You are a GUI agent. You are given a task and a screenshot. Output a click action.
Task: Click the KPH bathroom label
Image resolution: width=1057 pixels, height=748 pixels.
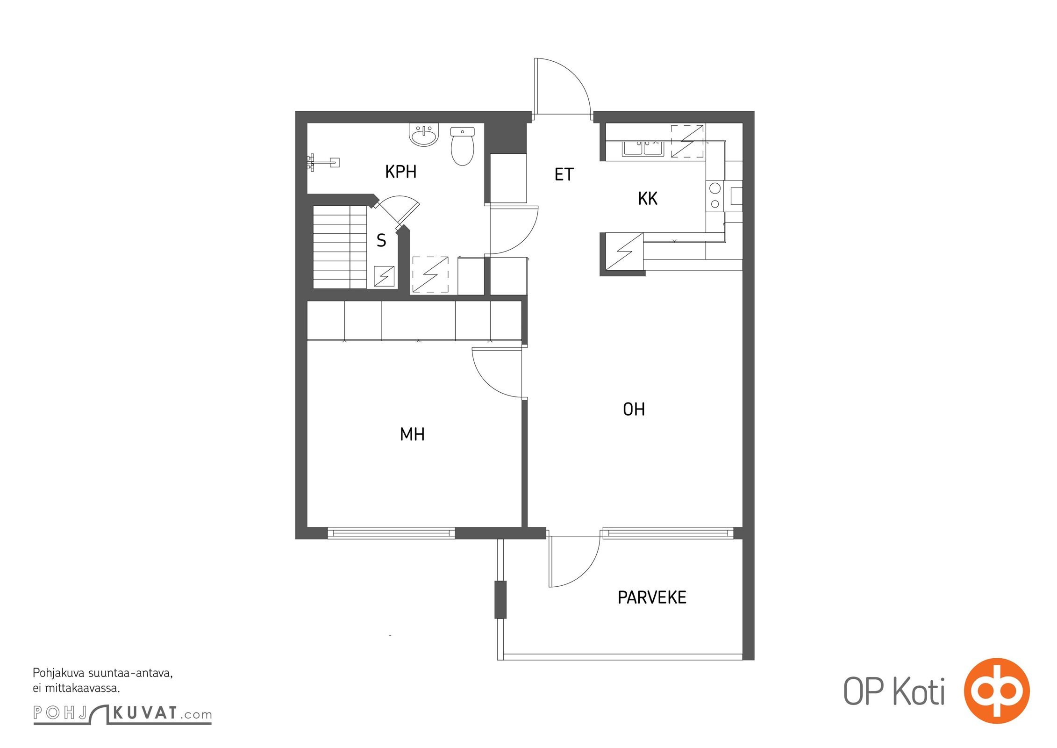[400, 172]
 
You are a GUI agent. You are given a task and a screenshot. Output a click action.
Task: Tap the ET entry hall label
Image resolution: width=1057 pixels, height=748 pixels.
[564, 174]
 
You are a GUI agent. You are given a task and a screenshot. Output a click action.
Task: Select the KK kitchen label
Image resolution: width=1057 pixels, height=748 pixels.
[648, 199]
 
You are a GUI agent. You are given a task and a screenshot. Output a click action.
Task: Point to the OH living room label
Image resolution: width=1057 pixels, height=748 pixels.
[634, 410]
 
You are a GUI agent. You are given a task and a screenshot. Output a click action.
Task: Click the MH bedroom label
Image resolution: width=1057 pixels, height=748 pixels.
[412, 434]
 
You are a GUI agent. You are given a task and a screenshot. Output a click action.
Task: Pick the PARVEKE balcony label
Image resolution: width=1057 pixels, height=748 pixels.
[652, 597]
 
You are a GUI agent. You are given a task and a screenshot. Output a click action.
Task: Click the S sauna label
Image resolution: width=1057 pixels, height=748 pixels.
[381, 241]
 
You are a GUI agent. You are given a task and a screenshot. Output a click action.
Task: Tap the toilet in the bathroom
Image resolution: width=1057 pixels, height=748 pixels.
[463, 145]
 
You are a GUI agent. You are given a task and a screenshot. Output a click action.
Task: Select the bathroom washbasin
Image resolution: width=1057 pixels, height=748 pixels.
[424, 135]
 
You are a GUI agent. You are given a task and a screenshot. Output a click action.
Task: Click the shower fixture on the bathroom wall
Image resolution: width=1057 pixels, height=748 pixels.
[322, 163]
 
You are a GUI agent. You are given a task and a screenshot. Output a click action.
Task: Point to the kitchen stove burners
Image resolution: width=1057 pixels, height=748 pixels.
[714, 196]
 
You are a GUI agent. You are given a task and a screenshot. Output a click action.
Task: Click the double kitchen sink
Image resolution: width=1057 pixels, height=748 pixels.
[643, 149]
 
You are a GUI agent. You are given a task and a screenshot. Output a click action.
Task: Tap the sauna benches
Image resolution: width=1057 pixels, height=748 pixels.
[340, 247]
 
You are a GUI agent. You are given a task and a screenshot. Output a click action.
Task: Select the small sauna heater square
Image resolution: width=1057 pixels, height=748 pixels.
[384, 276]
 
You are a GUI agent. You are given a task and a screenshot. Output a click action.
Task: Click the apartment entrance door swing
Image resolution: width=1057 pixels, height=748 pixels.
[563, 86]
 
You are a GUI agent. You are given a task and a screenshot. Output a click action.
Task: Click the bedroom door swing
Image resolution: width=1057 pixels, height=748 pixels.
[497, 373]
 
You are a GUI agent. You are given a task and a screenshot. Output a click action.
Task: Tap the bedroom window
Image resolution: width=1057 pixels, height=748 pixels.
[391, 533]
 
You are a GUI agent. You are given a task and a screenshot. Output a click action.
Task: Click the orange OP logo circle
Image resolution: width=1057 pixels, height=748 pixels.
[997, 690]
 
